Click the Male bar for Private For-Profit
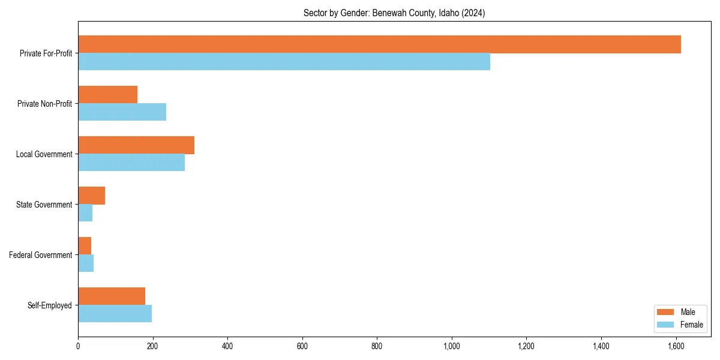coord(379,44)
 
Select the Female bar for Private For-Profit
coord(284,62)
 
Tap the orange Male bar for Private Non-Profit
coord(108,95)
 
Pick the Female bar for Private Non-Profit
coord(122,112)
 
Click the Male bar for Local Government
coord(136,145)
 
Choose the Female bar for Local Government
coord(131,163)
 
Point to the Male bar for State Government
coord(91,196)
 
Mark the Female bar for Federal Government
coord(86,263)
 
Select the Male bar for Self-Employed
coord(112,296)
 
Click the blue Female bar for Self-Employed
coord(115,314)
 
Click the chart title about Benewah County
coord(394,13)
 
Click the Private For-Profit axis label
coord(46,53)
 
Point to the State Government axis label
coord(44,205)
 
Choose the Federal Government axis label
coord(41,255)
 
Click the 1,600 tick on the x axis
coord(676,346)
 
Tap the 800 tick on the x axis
coord(377,346)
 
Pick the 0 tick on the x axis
coord(78,346)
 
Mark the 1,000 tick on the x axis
coord(451,346)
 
